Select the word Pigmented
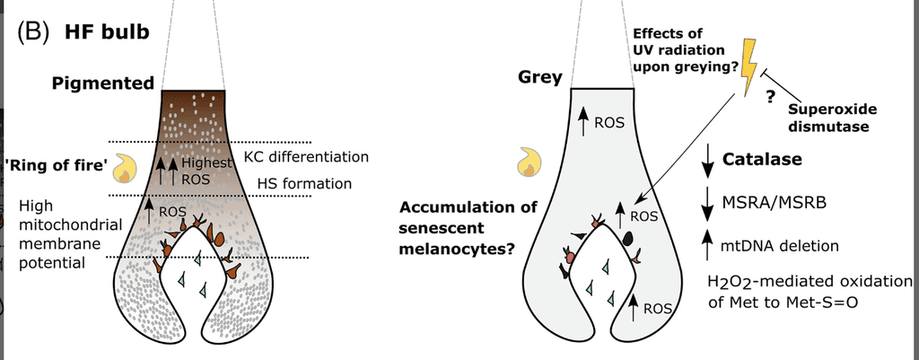[103, 83]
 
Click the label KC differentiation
[306, 157]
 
